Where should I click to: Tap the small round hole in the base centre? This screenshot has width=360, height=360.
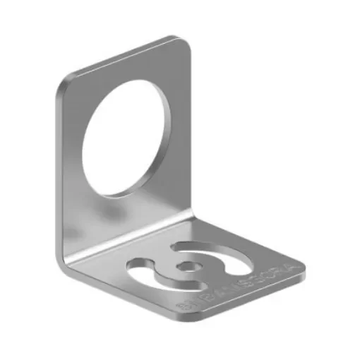[188, 266]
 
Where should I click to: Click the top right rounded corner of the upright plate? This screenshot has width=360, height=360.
[184, 41]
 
